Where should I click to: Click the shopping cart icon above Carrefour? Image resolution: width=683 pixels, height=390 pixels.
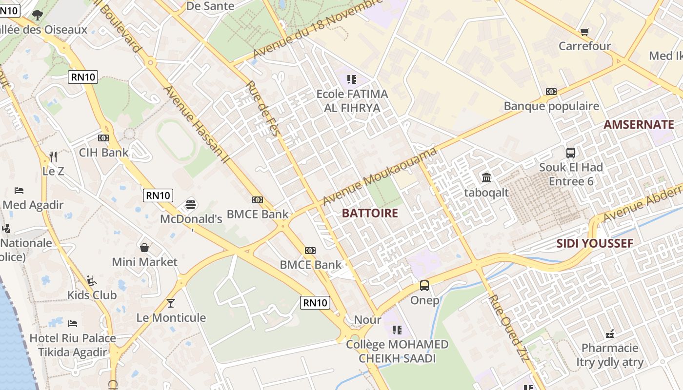584,32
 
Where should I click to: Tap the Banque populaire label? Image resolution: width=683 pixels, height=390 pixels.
551,106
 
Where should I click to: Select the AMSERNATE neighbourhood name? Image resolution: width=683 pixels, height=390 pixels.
639,124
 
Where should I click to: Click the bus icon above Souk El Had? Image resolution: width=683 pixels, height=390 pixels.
571,153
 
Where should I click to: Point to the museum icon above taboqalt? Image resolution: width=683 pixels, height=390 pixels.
486,177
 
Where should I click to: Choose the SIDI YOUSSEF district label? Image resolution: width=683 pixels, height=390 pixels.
595,243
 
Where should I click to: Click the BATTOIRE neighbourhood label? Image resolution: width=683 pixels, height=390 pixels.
370,213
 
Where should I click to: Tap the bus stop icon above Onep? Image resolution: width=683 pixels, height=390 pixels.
424,286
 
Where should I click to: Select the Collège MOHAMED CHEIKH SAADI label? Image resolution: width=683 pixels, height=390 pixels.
397,351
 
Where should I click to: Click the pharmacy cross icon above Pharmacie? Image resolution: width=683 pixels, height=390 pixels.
610,334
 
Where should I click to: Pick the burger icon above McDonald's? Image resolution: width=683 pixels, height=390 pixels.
191,204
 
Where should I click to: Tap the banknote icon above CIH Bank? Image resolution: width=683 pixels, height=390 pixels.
103,138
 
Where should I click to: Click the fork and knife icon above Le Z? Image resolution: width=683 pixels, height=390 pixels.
53,157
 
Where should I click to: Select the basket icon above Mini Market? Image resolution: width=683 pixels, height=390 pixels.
144,248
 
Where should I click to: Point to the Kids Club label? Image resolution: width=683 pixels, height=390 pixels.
92,295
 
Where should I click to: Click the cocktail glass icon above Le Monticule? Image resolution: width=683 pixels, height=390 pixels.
170,303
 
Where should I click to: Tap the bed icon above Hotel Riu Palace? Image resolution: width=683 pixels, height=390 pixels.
73,324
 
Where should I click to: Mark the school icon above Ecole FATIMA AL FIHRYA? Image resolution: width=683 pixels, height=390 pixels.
352,79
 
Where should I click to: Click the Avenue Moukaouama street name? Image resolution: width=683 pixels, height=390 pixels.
379,177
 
